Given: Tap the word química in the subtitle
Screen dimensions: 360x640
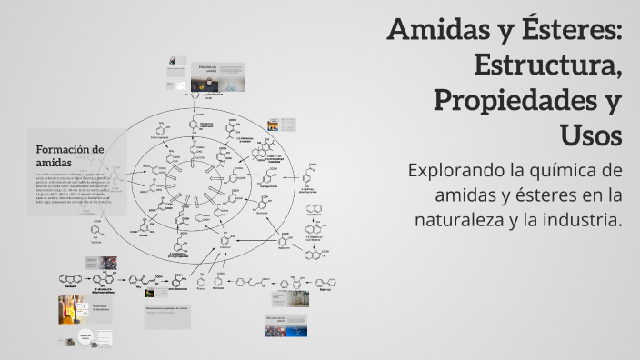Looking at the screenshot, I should pyautogui.click(x=563, y=170).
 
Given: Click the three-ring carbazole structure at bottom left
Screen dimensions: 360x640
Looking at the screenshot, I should pyautogui.click(x=71, y=278).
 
